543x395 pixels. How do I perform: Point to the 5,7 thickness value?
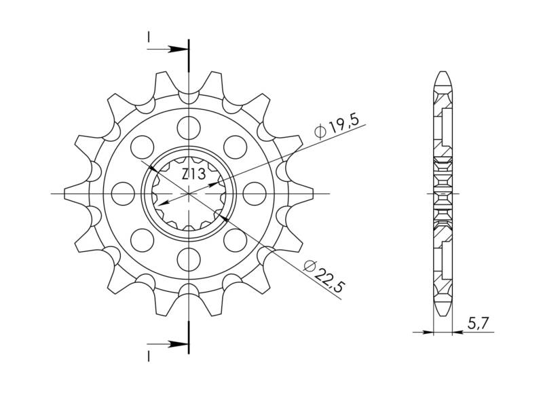click(x=479, y=325)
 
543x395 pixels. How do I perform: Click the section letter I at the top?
click(x=149, y=37)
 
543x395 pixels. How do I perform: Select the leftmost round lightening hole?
click(x=123, y=192)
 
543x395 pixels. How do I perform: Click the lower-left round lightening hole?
click(x=142, y=239)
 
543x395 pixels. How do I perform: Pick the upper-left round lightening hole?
click(x=142, y=145)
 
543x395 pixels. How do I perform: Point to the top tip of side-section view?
click(x=443, y=71)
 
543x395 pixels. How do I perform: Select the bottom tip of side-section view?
click(x=443, y=313)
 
